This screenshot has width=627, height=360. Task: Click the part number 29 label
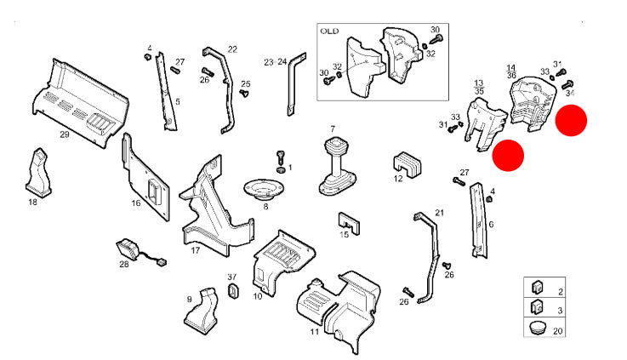click(x=64, y=134)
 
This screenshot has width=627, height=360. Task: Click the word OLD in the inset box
click(x=329, y=31)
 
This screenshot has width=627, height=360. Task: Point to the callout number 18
click(x=32, y=202)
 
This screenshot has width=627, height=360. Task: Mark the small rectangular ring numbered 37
click(x=232, y=293)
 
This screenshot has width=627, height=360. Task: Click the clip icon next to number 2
click(x=537, y=288)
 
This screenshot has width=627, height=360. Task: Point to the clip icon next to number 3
click(x=537, y=306)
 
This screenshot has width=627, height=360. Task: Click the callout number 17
click(x=195, y=250)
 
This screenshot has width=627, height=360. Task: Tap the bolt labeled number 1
click(x=280, y=158)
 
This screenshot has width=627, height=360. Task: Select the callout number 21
click(x=439, y=212)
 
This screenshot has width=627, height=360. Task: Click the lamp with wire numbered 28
click(x=129, y=249)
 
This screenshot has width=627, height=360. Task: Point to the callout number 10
click(x=257, y=296)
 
